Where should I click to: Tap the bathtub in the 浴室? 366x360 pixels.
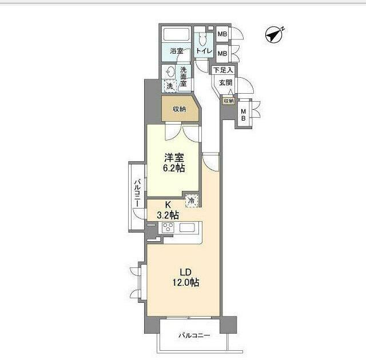[176, 34]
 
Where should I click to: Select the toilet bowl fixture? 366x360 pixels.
[202, 39]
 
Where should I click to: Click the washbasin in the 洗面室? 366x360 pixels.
[170, 72]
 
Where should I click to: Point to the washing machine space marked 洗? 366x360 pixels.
[170, 86]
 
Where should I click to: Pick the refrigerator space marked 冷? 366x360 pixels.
[192, 201]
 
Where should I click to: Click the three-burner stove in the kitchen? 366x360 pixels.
[168, 227]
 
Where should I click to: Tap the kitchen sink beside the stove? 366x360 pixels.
[187, 227]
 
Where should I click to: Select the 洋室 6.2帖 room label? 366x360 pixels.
[174, 163]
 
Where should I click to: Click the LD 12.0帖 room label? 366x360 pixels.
[186, 277]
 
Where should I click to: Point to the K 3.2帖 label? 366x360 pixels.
[168, 210]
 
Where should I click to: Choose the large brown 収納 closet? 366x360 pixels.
[180, 109]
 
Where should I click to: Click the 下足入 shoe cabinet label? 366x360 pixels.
[223, 70]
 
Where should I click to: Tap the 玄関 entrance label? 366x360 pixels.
[225, 82]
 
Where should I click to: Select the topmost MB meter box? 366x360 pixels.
[222, 34]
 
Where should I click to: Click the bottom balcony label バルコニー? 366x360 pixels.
[194, 335]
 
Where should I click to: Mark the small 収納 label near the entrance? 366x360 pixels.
[229, 101]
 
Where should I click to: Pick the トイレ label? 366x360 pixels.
[204, 51]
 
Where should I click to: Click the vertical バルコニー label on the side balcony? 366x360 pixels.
[137, 193]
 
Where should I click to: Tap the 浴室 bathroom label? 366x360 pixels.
[177, 51]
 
